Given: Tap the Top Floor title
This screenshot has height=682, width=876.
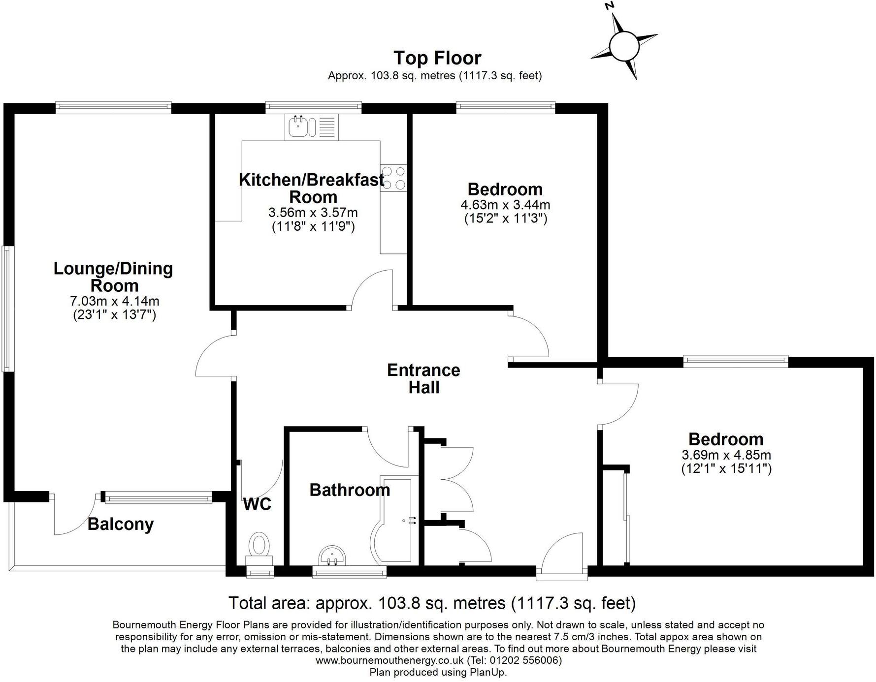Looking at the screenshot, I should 437,58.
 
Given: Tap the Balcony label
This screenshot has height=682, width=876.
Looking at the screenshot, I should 121,525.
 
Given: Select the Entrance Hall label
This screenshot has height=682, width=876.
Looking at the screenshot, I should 423,378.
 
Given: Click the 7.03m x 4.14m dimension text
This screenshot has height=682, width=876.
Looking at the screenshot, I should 114,301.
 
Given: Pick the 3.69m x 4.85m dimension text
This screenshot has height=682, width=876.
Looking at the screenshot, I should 726,455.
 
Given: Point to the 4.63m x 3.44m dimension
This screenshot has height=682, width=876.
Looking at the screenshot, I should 505,204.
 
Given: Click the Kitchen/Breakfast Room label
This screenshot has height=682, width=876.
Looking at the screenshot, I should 312,188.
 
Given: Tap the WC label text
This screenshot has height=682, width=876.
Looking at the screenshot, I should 257,504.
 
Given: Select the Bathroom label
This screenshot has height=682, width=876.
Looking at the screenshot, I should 350,490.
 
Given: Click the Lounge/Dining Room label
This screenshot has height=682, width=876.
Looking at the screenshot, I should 113,277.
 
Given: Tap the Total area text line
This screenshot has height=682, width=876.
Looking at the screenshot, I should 432,603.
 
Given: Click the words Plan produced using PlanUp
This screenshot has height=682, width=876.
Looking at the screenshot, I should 438,672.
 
